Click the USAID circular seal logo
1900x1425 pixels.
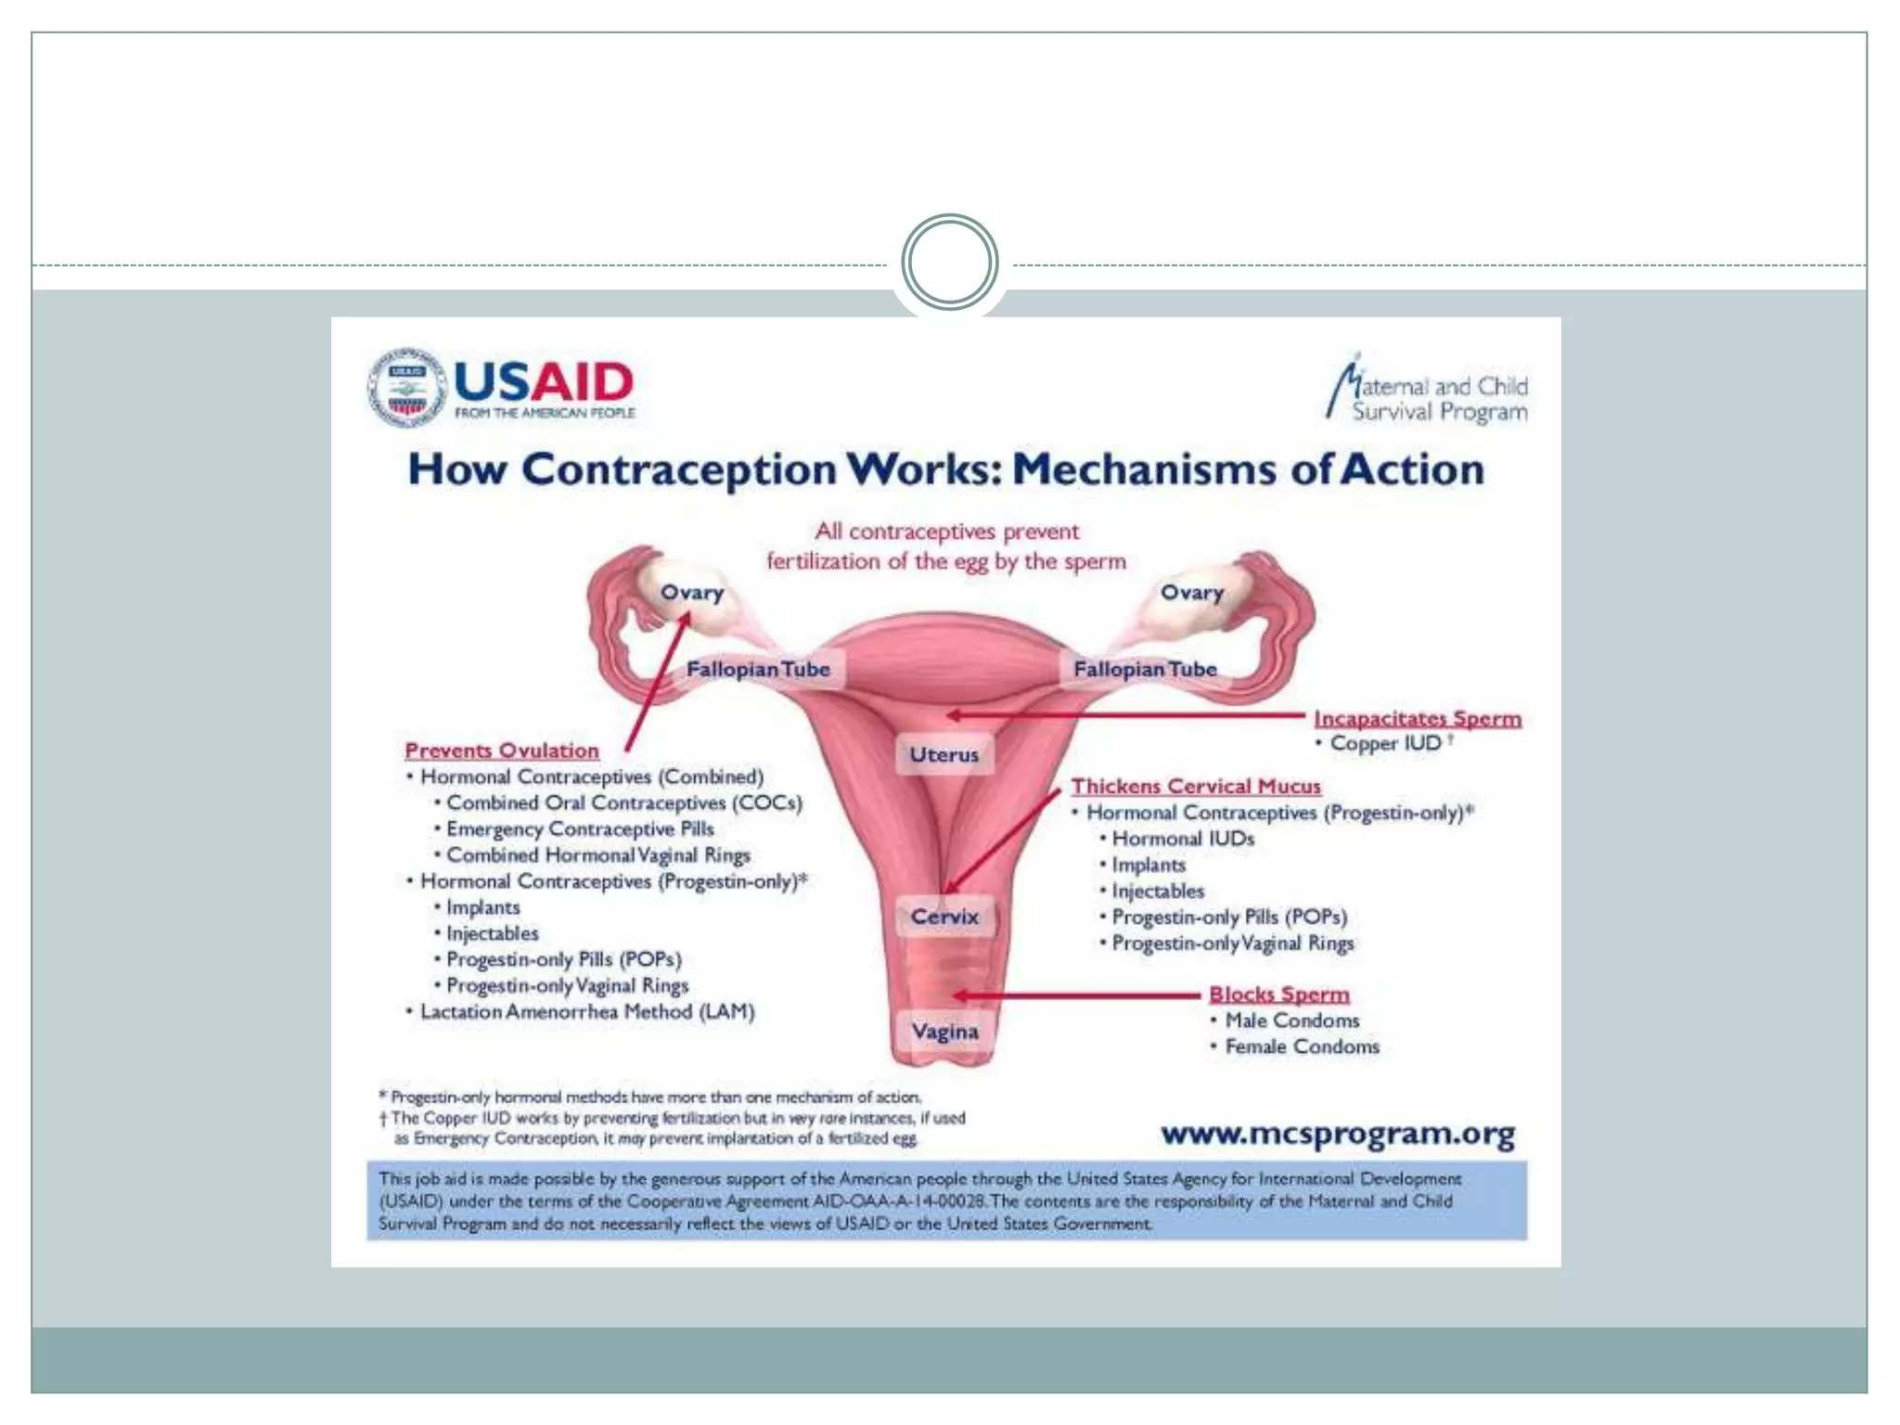(x=405, y=388)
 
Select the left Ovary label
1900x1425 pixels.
(x=692, y=592)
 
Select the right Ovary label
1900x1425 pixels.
(x=1192, y=592)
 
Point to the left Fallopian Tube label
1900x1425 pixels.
(x=758, y=669)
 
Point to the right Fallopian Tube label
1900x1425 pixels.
(x=1145, y=669)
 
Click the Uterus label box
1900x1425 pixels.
(x=944, y=754)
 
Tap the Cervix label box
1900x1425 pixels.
(x=944, y=917)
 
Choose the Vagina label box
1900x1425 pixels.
(x=944, y=1031)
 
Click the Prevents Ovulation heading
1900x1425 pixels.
(x=502, y=751)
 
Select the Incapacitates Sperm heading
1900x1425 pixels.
(x=1418, y=718)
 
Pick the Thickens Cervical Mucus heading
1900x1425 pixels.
(x=1196, y=786)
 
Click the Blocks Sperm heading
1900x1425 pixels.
(x=1279, y=994)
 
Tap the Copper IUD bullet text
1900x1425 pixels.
(x=1385, y=743)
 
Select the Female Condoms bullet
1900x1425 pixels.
(x=1302, y=1046)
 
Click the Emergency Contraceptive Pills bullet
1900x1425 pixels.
(x=580, y=828)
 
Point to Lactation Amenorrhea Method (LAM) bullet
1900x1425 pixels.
(x=587, y=1011)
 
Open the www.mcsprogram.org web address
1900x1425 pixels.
(x=1338, y=1134)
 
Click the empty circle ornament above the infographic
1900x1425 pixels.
(x=949, y=263)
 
